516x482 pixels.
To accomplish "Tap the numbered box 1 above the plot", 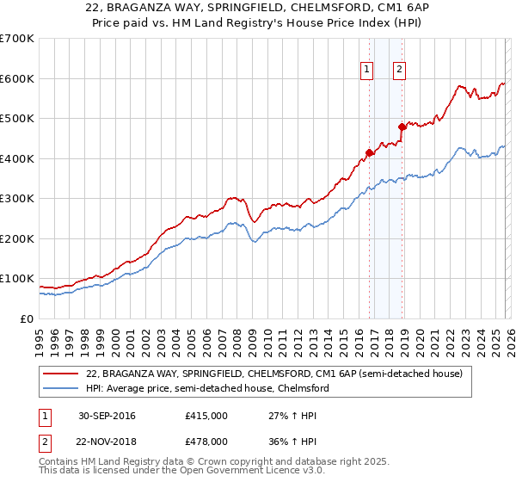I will (367, 71).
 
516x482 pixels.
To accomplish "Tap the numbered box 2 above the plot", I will (400, 71).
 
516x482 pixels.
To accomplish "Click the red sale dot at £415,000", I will (370, 152).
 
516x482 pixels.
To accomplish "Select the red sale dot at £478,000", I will (402, 127).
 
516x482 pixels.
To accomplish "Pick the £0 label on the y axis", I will (27, 319).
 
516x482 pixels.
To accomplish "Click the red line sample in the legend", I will (62, 374).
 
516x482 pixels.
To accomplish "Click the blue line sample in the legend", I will (62, 388).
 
